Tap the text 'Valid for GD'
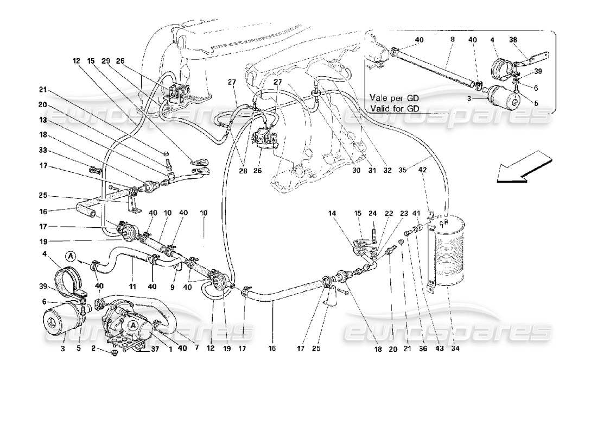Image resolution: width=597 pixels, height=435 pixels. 398,108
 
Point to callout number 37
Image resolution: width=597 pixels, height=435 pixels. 140,349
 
